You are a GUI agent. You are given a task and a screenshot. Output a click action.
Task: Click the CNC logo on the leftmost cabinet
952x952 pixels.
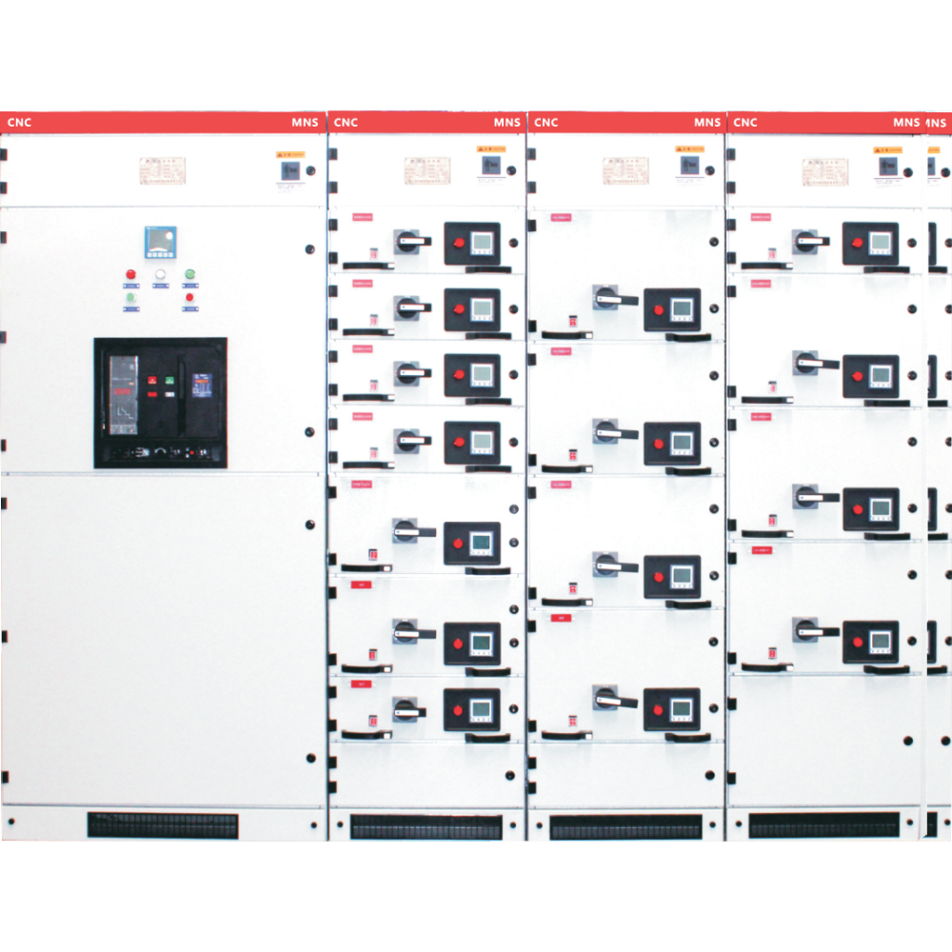click(x=20, y=123)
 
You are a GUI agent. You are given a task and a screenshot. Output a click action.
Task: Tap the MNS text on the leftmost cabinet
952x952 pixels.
click(x=305, y=123)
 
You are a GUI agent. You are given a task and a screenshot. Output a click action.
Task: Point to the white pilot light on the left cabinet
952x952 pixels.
click(x=160, y=276)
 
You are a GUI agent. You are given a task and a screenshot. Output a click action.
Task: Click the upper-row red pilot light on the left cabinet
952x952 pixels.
click(x=130, y=276)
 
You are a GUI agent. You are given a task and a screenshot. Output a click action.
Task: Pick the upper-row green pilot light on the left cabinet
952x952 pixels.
click(x=189, y=276)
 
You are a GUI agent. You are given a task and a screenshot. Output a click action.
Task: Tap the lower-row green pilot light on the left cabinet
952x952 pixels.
click(x=130, y=299)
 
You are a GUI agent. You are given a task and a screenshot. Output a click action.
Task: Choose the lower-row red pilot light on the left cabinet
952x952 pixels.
click(x=189, y=299)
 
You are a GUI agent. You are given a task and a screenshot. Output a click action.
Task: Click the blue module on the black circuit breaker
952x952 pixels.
click(x=202, y=386)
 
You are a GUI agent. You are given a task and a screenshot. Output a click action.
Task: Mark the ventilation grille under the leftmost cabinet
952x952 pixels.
click(x=163, y=825)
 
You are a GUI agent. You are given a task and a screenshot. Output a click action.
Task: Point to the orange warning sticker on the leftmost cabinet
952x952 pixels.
click(x=290, y=152)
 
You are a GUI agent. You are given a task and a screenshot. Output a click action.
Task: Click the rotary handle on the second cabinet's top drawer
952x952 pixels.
click(x=410, y=241)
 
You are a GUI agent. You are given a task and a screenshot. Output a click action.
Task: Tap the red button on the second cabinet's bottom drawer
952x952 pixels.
click(x=458, y=710)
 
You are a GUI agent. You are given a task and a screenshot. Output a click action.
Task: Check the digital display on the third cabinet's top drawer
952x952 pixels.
click(x=682, y=308)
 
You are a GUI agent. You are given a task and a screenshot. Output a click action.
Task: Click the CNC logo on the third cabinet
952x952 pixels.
click(x=545, y=123)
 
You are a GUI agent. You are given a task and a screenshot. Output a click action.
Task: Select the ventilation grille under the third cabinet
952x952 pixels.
click(x=625, y=826)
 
